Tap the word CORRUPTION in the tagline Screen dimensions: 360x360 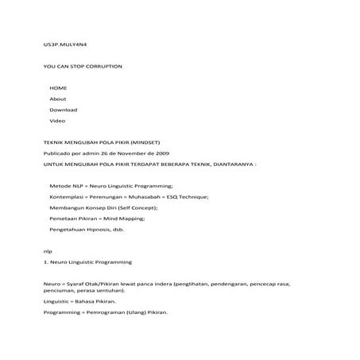105,66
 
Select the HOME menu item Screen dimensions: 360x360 58,87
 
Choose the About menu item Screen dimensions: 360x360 58,98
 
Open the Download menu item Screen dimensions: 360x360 64,109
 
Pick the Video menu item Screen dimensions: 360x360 57,120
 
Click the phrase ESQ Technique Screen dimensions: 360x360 188,195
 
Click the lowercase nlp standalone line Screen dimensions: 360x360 47,250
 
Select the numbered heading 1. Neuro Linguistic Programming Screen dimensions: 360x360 87,261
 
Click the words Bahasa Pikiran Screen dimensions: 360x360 95,301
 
